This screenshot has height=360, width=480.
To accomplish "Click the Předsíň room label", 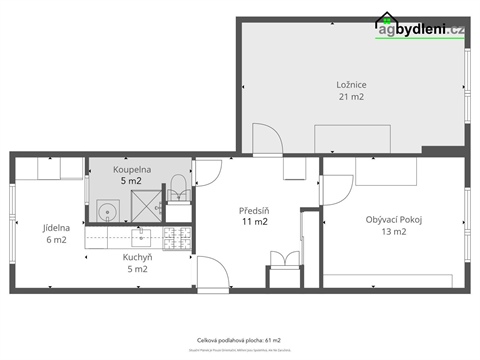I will click(x=254, y=210).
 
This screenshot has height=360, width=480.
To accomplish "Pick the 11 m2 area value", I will click(x=254, y=222).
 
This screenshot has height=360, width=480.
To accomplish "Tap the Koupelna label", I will click(x=132, y=171).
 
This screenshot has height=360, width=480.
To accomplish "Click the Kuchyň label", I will click(x=137, y=256).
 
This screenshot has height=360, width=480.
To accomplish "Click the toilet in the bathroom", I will click(x=178, y=186).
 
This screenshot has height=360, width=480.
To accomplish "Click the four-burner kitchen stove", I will click(x=177, y=238).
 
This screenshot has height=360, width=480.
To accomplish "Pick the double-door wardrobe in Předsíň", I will click(x=284, y=261).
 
